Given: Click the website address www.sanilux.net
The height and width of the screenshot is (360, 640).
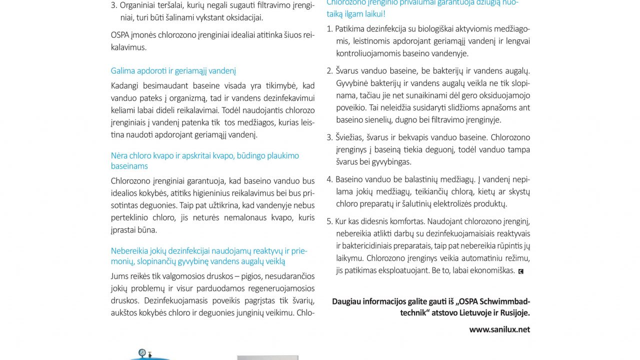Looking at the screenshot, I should (499, 329).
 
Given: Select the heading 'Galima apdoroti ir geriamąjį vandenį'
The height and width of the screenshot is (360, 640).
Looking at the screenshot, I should (173, 71).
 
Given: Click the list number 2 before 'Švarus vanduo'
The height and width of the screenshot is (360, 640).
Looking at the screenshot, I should (329, 71).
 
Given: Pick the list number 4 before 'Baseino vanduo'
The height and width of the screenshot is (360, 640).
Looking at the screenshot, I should (329, 179).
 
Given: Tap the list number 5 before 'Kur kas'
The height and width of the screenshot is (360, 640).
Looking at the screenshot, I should (329, 221).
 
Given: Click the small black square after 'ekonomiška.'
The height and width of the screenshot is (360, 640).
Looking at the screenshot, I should (521, 271).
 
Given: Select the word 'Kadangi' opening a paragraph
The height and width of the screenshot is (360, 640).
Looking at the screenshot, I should (125, 85).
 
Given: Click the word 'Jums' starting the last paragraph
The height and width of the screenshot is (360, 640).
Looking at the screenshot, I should (120, 276).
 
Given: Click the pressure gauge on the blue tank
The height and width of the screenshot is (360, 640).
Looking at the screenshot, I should (143, 352).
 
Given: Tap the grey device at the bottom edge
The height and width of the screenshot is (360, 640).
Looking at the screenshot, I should (267, 357).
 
